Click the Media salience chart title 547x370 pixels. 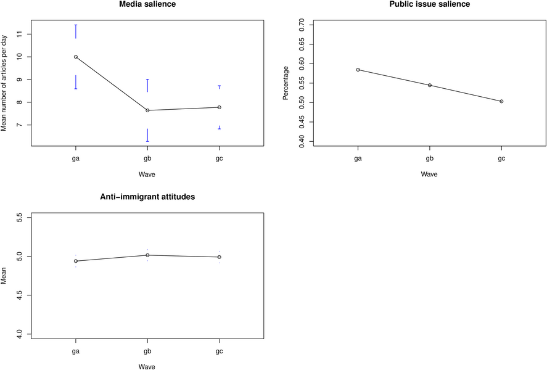[147, 4]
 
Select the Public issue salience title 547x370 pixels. [429, 4]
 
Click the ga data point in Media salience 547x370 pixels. [76, 57]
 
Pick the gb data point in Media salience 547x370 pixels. [147, 110]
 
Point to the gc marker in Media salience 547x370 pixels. [219, 107]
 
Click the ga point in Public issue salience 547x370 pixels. [358, 70]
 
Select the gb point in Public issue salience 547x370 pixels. [429, 85]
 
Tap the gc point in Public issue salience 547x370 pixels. [501, 101]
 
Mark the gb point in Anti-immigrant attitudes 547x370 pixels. [147, 255]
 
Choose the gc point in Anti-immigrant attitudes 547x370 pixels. [219, 257]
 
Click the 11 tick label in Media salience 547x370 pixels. [20, 34]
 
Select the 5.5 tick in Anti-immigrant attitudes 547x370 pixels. [20, 217]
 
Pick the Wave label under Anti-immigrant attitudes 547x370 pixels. [147, 366]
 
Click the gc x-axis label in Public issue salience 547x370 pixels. [501, 159]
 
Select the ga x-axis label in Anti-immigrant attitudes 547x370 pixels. [76, 351]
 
